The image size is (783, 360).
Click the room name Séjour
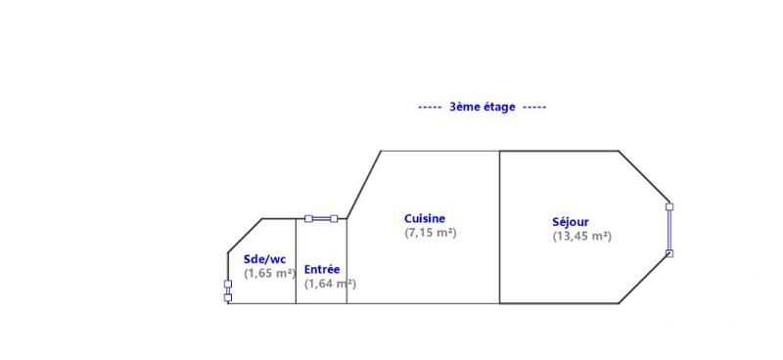(x=570, y=222)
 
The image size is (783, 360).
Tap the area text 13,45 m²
(x=581, y=236)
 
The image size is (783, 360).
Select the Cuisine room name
(x=425, y=218)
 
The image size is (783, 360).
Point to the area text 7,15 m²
(x=431, y=233)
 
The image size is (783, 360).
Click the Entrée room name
(x=322, y=269)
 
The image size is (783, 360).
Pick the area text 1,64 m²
(x=329, y=284)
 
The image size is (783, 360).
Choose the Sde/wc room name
(x=264, y=259)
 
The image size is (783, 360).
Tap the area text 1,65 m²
(x=269, y=274)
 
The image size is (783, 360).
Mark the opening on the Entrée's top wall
(x=321, y=219)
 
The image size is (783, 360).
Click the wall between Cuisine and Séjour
(x=500, y=227)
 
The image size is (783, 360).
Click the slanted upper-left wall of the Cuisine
(x=364, y=184)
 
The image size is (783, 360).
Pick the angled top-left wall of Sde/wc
(x=245, y=235)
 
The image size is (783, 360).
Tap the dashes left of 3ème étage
(x=430, y=107)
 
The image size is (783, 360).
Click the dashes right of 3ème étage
(x=533, y=107)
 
